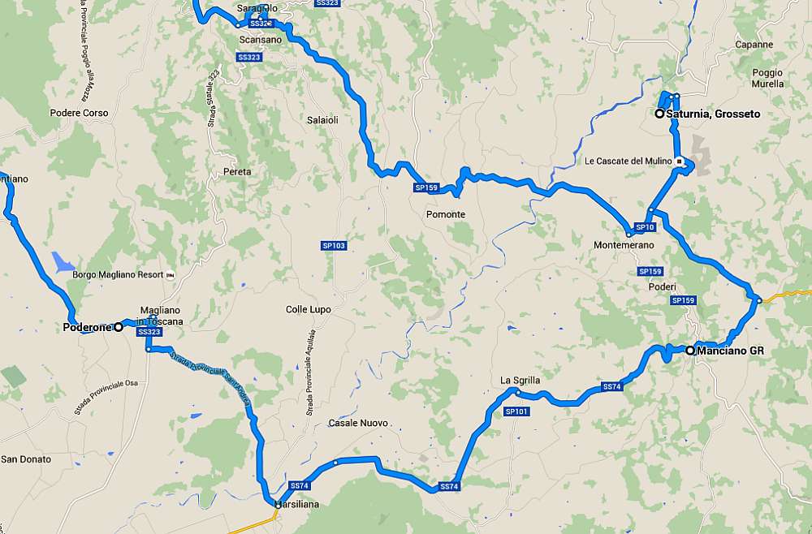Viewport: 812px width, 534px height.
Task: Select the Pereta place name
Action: [237, 171]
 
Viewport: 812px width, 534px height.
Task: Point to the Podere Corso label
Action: [79, 113]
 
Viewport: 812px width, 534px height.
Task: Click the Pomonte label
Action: [446, 214]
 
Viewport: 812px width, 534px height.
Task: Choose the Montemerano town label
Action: [624, 245]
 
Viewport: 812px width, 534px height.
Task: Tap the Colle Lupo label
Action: [309, 309]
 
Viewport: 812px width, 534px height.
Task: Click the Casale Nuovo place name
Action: [358, 423]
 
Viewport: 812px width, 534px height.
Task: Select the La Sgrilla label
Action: [520, 380]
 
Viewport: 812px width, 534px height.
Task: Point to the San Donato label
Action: [25, 459]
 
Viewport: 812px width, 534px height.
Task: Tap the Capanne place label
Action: [754, 45]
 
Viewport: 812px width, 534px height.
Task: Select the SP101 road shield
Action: [516, 411]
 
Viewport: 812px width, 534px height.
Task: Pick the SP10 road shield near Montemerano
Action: [646, 227]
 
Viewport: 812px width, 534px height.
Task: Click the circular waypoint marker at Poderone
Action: [119, 327]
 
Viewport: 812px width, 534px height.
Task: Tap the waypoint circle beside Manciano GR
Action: [690, 351]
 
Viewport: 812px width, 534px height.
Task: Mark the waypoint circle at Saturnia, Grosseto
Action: [660, 114]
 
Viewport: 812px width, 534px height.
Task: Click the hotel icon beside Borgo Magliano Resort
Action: [170, 275]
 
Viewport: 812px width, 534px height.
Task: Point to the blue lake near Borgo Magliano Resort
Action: [62, 261]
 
